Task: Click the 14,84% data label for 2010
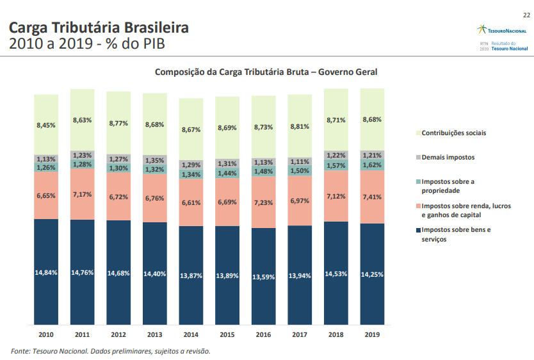(46, 272)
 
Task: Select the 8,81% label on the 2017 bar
(300, 127)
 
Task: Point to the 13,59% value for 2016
(264, 277)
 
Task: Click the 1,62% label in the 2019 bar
(372, 165)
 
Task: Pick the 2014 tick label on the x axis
(191, 334)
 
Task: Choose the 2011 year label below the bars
(82, 334)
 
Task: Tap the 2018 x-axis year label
(336, 334)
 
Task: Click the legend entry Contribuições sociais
(453, 133)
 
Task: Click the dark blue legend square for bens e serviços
(417, 230)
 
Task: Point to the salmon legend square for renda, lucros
(417, 206)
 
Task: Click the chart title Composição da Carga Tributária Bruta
(266, 72)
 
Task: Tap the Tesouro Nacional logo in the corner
(503, 30)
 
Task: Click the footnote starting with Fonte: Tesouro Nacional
(111, 351)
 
